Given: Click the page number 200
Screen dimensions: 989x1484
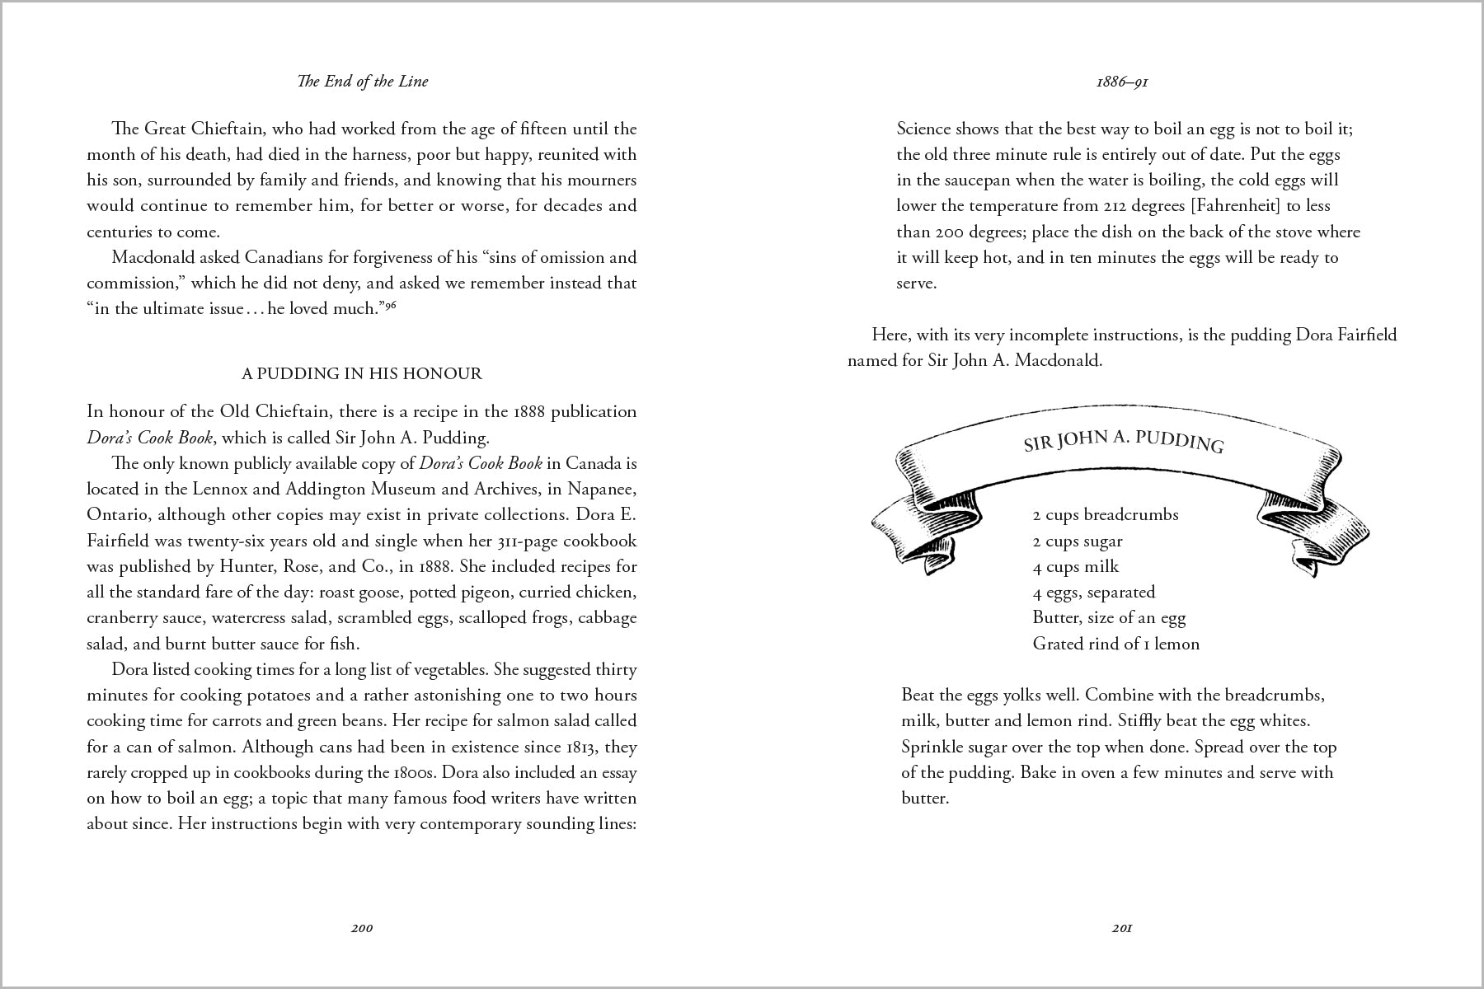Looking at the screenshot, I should coord(361,928).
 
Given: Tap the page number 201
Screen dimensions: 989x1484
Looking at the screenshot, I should coord(1121,928).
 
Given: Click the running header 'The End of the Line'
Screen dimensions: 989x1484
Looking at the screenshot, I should coord(363,81).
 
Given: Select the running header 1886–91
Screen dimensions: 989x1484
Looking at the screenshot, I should coord(1122,82).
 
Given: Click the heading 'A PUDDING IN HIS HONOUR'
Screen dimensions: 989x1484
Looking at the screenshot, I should coord(361,373).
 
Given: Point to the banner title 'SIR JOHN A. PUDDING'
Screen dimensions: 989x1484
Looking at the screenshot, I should coord(1123,440).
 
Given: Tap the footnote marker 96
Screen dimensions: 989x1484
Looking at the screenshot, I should coord(391,306).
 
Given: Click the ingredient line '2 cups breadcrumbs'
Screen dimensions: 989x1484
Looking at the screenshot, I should coord(1105,515).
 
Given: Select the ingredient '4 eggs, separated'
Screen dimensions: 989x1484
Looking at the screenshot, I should coord(1093,593).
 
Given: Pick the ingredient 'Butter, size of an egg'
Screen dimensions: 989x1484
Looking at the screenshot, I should coord(1108,618).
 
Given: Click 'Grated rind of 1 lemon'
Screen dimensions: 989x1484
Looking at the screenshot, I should coord(1115,644).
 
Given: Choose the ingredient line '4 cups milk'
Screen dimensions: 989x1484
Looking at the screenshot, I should coord(1075,567).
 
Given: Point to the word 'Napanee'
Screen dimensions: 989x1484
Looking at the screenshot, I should coord(605,489).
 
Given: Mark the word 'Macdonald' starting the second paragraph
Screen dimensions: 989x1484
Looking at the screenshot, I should coord(153,257).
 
